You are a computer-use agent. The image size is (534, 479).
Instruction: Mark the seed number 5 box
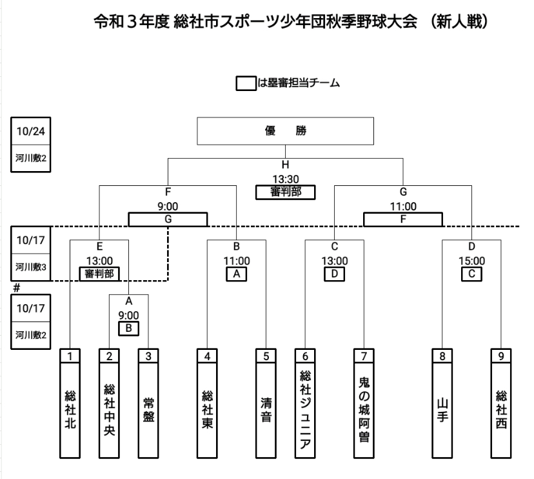point(265,355)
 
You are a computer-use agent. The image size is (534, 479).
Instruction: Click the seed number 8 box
point(442,355)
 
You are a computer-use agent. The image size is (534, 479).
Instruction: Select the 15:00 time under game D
point(471,261)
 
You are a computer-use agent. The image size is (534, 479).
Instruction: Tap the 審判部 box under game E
point(100,274)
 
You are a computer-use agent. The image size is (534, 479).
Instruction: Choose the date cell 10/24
point(30,130)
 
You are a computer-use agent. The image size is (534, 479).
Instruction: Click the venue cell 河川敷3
point(30,265)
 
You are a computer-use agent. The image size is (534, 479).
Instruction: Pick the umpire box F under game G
point(403,220)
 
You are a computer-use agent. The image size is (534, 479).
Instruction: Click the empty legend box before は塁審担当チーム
point(246,83)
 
